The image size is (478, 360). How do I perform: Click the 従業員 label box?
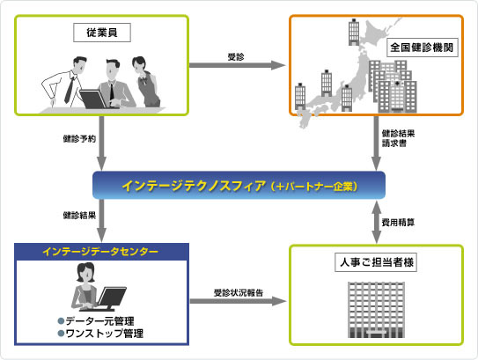point(102,33)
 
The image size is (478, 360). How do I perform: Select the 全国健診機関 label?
point(423,48)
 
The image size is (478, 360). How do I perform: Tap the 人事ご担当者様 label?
point(376,262)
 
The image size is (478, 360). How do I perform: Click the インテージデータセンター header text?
point(100,252)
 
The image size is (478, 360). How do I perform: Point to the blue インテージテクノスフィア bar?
point(239,186)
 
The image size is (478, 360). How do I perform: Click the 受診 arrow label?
point(236,56)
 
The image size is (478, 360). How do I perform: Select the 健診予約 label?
point(79,139)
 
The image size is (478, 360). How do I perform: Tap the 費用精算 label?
point(398,222)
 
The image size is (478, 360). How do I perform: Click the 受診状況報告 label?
point(238,293)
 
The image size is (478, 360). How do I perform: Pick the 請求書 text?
point(394,143)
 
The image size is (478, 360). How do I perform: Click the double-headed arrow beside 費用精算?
point(377,222)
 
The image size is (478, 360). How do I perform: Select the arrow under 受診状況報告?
point(238,301)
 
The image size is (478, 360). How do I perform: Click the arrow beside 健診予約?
point(101,143)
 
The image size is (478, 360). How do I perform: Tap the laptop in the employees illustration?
point(93,99)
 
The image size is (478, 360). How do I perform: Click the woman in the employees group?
point(146,82)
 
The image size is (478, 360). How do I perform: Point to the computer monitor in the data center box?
point(111,298)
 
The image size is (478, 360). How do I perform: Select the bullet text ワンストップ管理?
point(100,334)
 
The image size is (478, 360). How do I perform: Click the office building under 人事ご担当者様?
point(376,310)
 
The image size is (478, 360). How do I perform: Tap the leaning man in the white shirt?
point(64,83)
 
